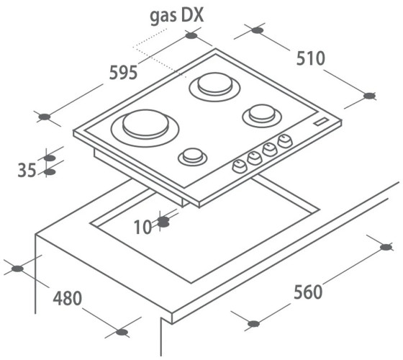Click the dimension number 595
click(123, 73)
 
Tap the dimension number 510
click(311, 58)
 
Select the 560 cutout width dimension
click(308, 292)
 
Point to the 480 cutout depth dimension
click(68, 298)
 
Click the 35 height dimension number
click(27, 170)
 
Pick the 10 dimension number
click(143, 228)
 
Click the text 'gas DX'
click(176, 16)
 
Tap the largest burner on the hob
click(145, 128)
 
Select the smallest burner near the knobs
click(193, 156)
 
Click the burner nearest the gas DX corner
click(214, 86)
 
